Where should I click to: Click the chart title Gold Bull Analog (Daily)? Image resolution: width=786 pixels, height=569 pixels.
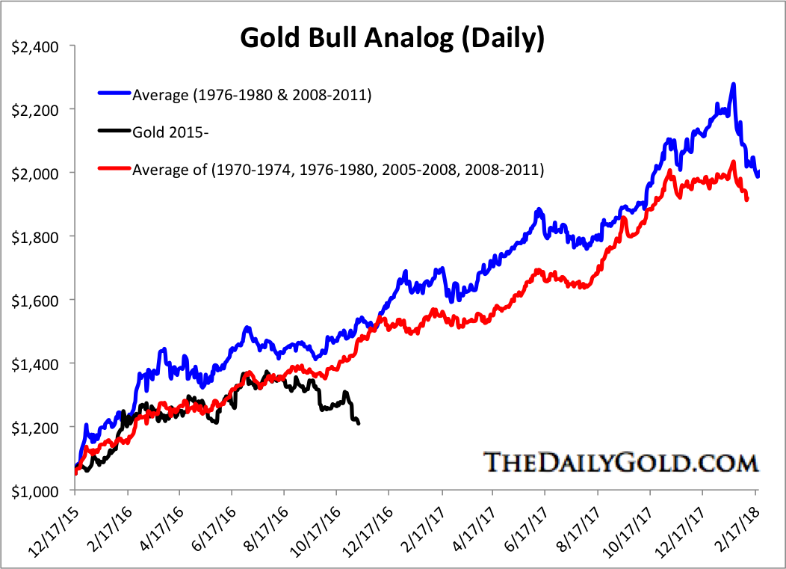point(391,38)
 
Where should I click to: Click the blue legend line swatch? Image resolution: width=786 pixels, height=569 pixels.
point(114,94)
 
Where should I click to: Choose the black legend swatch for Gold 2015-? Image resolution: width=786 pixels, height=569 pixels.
point(114,132)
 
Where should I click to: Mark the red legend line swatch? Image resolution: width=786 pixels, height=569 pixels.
point(114,170)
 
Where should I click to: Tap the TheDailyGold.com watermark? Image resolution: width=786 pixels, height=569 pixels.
point(621,462)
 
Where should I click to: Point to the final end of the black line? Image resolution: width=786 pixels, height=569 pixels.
point(359,423)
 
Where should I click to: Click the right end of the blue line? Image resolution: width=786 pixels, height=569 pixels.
point(758,175)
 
